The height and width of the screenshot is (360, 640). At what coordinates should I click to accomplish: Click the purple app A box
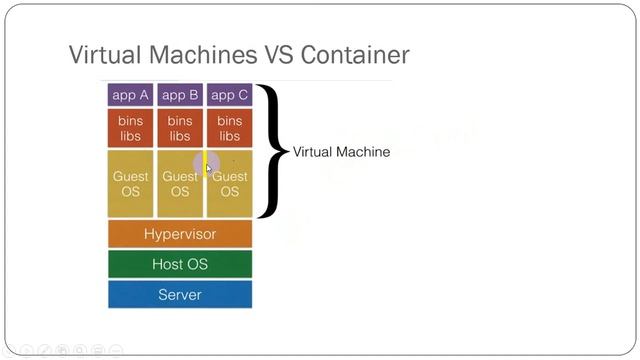(130, 95)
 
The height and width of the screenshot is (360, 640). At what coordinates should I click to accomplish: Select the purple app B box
(180, 95)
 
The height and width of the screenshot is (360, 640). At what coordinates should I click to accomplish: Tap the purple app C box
(229, 95)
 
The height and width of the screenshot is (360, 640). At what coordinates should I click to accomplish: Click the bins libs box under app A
(130, 128)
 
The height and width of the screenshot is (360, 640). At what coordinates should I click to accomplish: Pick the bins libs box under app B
(180, 128)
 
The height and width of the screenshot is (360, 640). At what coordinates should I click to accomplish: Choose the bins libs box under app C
(229, 128)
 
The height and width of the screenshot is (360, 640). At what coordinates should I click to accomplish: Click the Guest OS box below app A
(130, 183)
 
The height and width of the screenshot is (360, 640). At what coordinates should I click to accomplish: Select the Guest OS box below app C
(230, 183)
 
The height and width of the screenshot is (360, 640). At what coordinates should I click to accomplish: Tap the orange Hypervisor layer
(180, 234)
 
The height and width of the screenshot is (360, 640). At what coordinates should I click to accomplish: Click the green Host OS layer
(180, 264)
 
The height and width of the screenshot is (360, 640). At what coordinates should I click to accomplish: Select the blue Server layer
(180, 295)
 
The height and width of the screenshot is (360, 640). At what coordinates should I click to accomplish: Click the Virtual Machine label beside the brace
(341, 152)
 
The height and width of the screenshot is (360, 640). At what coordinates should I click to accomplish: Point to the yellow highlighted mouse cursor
(208, 165)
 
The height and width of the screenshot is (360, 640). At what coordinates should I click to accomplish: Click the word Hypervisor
(180, 234)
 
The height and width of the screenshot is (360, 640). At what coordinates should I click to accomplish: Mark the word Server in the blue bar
(180, 295)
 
